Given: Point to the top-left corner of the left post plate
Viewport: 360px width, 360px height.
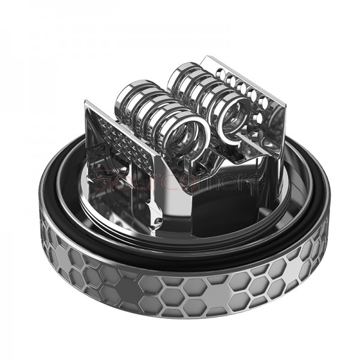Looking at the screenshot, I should (x=89, y=103).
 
